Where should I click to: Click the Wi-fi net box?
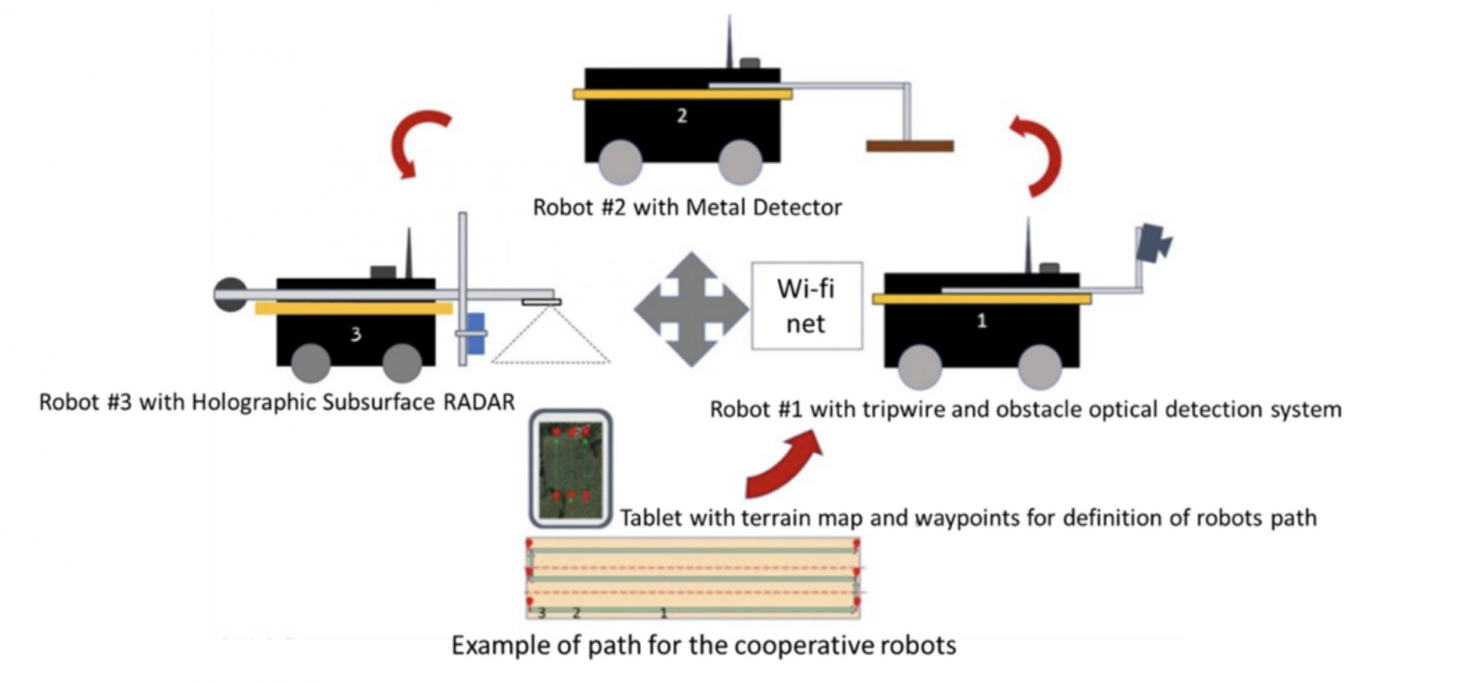[807, 306]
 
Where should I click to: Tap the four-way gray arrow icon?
[691, 309]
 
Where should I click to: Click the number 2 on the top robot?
[682, 116]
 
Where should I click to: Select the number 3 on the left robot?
[355, 334]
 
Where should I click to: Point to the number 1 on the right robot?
[981, 321]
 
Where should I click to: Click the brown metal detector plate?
[910, 146]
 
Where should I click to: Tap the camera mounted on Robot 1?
[1153, 244]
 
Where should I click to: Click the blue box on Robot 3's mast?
[476, 333]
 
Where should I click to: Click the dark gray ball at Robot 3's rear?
[230, 294]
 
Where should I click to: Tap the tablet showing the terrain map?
[571, 469]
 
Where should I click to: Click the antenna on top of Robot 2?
[729, 42]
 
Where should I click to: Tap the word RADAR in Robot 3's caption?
[478, 402]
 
